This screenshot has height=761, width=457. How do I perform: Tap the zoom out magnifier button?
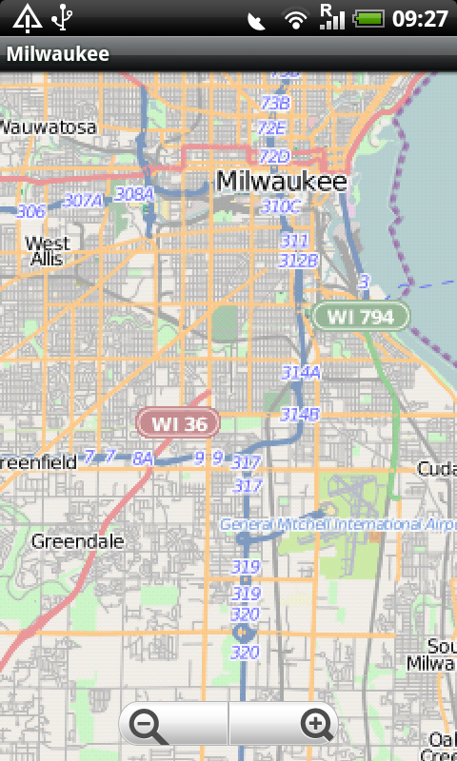click(x=149, y=727)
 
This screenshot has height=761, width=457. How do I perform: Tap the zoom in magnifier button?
click(x=316, y=727)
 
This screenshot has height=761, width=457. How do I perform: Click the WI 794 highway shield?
click(x=361, y=317)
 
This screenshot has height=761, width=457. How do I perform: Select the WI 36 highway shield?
click(x=178, y=422)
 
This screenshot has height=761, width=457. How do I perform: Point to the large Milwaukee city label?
click(x=281, y=181)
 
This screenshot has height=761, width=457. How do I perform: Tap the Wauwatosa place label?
click(x=48, y=127)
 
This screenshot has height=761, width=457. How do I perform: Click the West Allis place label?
click(x=48, y=250)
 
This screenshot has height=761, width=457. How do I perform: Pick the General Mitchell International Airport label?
click(x=338, y=524)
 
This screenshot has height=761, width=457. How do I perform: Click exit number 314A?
click(x=301, y=373)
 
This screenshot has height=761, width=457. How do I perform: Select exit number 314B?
click(x=300, y=414)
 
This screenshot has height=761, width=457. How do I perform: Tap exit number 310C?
click(x=281, y=206)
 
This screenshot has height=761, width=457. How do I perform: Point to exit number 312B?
click(x=298, y=260)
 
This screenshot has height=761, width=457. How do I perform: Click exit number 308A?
click(x=134, y=194)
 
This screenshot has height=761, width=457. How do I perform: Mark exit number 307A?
click(x=83, y=200)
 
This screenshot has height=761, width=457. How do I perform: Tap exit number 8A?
click(x=143, y=459)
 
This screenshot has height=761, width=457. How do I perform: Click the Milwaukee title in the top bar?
click(x=57, y=54)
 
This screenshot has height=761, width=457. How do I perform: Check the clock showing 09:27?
click(x=420, y=18)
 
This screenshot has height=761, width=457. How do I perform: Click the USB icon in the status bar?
click(x=63, y=17)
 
